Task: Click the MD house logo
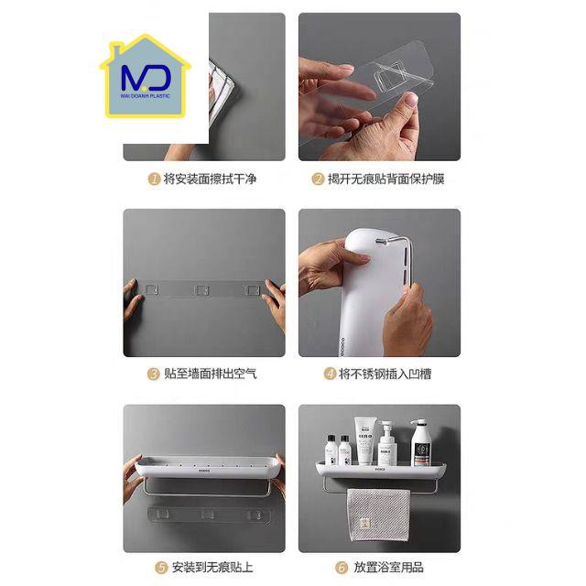[146, 76]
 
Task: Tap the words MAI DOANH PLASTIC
[146, 96]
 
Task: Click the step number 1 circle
[154, 179]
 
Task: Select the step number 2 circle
[318, 179]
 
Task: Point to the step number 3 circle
[153, 374]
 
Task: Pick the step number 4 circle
[330, 374]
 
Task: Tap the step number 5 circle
[161, 568]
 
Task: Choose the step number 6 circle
[342, 568]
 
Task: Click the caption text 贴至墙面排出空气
[211, 374]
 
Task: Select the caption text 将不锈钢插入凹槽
[385, 374]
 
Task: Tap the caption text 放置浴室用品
[388, 568]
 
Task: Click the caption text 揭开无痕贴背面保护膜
[386, 179]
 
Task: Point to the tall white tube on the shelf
[365, 441]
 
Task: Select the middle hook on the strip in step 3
[202, 290]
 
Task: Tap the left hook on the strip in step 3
[152, 289]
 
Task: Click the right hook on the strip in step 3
[253, 290]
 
